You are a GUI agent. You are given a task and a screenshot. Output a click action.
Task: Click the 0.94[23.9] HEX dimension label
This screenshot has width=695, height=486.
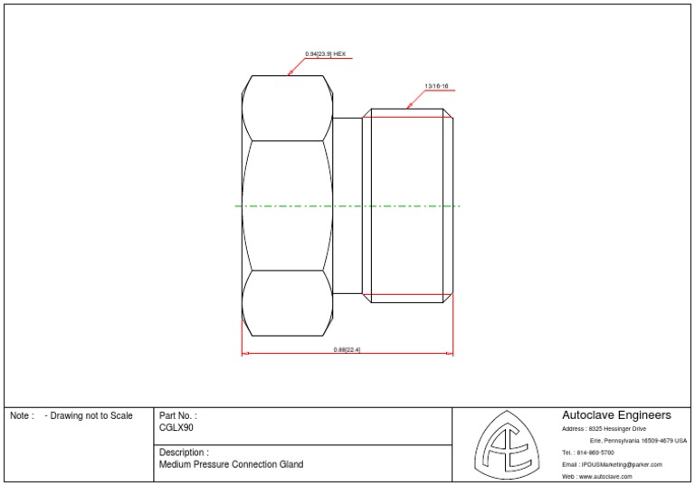coord(326,54)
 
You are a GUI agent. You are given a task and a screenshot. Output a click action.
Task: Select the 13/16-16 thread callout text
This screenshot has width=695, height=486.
coord(436,86)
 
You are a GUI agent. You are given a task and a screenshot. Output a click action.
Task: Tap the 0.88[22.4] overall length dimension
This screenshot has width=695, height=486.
coord(347,349)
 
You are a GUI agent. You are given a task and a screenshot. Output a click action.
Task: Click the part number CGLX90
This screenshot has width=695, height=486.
coord(176,428)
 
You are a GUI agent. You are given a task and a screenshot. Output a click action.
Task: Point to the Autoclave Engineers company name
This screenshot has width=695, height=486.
coord(616,415)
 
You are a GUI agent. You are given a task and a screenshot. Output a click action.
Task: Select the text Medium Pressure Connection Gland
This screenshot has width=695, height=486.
coord(231,464)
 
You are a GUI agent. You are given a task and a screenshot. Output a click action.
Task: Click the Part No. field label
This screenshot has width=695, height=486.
coord(177,415)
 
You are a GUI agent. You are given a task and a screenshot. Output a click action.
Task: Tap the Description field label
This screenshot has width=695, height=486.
coord(184,452)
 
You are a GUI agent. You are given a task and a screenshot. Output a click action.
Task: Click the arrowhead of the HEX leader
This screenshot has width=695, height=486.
coord(290,72)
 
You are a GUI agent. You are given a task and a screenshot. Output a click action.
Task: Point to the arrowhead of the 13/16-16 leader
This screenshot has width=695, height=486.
coord(409,107)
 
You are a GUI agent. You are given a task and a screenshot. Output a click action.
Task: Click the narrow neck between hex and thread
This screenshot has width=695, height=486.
coord(347,205)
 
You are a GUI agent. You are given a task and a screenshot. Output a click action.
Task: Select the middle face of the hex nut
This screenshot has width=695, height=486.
coord(287,205)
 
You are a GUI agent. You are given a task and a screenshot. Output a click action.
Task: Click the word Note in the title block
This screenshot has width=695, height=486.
coord(21,416)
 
